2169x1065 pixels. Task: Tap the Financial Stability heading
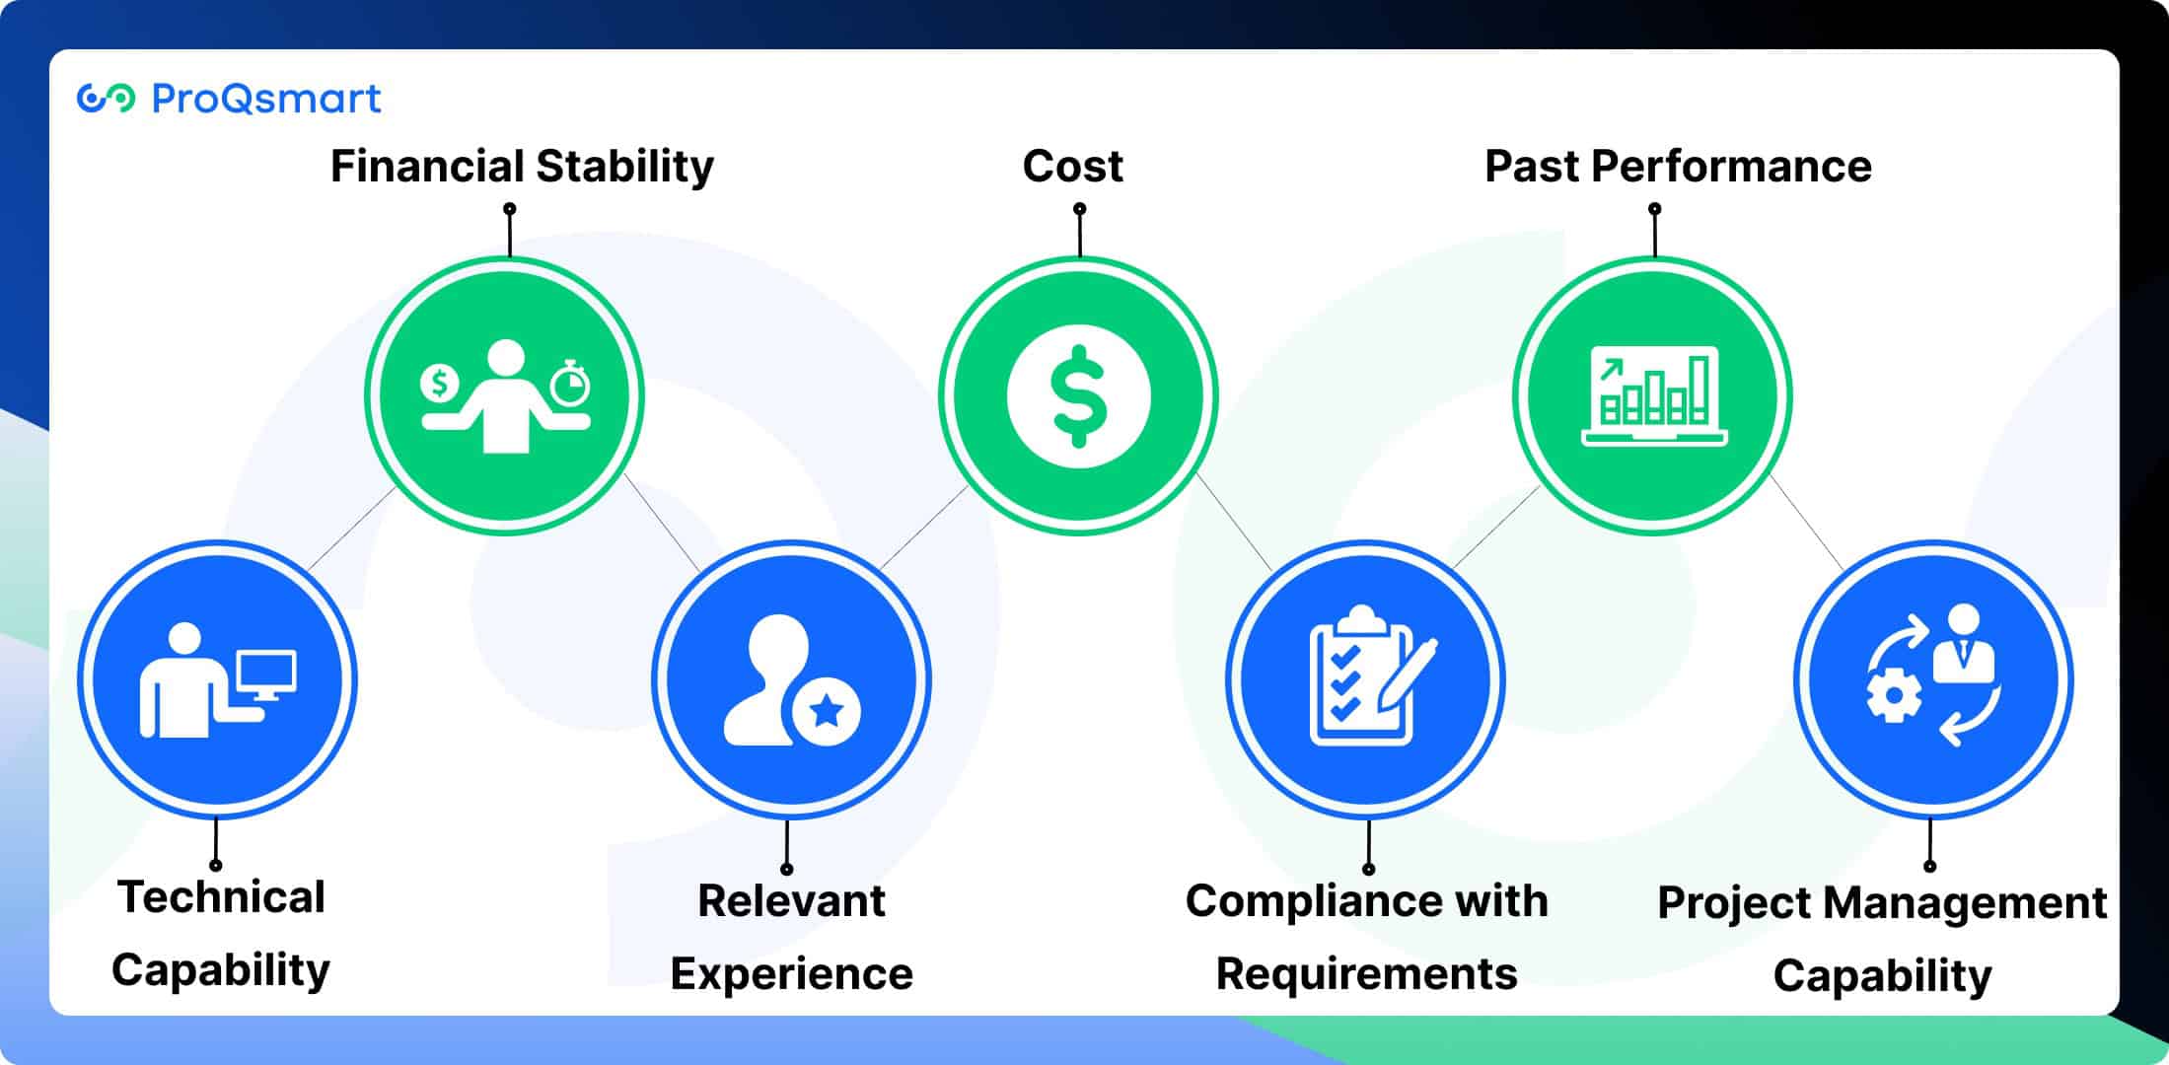pyautogui.click(x=522, y=166)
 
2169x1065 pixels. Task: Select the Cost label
pyautogui.click(x=1073, y=166)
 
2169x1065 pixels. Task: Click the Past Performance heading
pyautogui.click(x=1678, y=166)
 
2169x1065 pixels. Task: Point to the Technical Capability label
pyautogui.click(x=221, y=933)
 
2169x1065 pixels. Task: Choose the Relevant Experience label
pyautogui.click(x=791, y=937)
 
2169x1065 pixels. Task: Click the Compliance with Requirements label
pyautogui.click(x=1367, y=937)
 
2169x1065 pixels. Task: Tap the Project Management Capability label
pyautogui.click(x=1882, y=939)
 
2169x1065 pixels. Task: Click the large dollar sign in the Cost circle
pyautogui.click(x=1079, y=395)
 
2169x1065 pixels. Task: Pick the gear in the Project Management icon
pyautogui.click(x=1893, y=696)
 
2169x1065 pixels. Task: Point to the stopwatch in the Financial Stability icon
pyautogui.click(x=570, y=385)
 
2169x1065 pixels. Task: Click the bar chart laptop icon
pyautogui.click(x=1654, y=396)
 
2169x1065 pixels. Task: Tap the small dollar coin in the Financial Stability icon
pyautogui.click(x=439, y=383)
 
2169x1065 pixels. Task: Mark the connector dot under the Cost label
pyautogui.click(x=1080, y=209)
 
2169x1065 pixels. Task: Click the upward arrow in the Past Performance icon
pyautogui.click(x=1611, y=370)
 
